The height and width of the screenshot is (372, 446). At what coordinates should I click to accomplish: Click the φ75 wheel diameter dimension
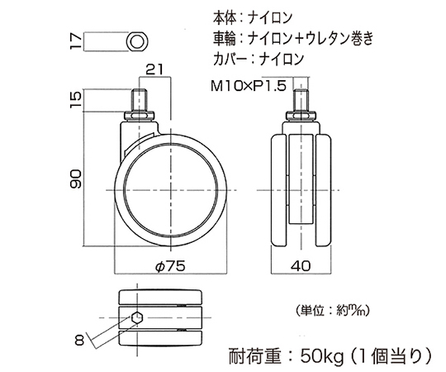[x=170, y=266]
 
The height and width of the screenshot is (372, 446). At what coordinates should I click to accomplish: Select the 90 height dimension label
[x=76, y=179]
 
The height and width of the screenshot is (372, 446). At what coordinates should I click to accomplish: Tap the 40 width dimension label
[x=301, y=266]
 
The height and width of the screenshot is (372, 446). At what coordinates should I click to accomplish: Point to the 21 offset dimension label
[x=155, y=69]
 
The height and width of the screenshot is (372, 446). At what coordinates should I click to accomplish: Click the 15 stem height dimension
[x=76, y=100]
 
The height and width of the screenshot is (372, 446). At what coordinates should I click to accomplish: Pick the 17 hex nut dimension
[x=76, y=41]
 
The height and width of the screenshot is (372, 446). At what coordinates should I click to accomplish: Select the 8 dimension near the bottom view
[x=79, y=340]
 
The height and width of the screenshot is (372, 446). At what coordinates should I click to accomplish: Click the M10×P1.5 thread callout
[x=249, y=86]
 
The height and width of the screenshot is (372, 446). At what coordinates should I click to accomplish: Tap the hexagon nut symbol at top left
[x=137, y=42]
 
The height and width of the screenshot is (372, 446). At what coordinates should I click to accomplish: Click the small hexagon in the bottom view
[x=137, y=317]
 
